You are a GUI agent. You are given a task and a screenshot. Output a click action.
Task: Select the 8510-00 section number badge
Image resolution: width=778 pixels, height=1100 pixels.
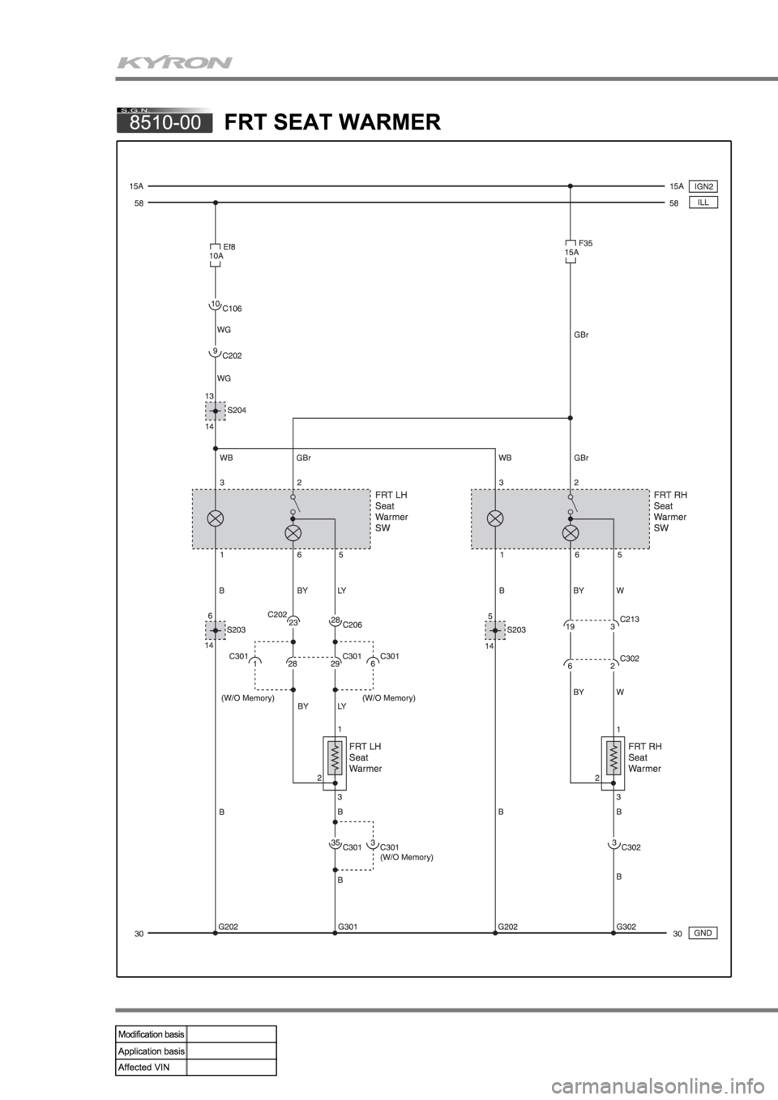pyautogui.click(x=165, y=122)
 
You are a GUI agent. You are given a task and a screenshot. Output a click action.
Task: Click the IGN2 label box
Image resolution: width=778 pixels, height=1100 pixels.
pyautogui.click(x=703, y=185)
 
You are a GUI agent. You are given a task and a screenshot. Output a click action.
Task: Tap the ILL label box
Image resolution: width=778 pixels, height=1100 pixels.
pyautogui.click(x=703, y=203)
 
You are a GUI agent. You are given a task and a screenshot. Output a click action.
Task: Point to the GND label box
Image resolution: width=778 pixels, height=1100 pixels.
pyautogui.click(x=703, y=932)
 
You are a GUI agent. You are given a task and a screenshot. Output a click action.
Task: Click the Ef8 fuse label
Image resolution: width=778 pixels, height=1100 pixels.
pyautogui.click(x=229, y=246)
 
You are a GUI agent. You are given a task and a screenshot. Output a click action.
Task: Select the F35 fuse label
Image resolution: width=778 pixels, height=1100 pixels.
pyautogui.click(x=585, y=242)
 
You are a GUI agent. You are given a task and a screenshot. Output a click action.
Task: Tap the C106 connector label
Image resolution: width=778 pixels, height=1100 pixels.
pyautogui.click(x=232, y=309)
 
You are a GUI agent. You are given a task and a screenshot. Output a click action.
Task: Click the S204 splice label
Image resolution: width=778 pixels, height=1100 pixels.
pyautogui.click(x=237, y=410)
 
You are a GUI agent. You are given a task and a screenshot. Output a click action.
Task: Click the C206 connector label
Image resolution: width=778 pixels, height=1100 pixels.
pyautogui.click(x=353, y=625)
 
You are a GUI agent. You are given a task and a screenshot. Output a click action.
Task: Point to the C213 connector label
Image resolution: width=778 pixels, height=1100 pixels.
pyautogui.click(x=631, y=619)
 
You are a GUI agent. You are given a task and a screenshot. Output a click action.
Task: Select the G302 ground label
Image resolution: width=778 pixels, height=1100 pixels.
pyautogui.click(x=626, y=924)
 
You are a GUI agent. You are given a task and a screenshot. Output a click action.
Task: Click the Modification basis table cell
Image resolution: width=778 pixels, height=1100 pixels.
pyautogui.click(x=152, y=1034)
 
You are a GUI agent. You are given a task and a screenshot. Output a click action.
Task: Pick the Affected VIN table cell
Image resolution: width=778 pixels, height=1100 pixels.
pyautogui.click(x=152, y=1067)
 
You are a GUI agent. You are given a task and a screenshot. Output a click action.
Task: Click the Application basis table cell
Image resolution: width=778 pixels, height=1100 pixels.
pyautogui.click(x=152, y=1051)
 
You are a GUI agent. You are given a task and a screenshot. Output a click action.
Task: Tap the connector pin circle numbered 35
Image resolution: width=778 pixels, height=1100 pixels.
pyautogui.click(x=333, y=844)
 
